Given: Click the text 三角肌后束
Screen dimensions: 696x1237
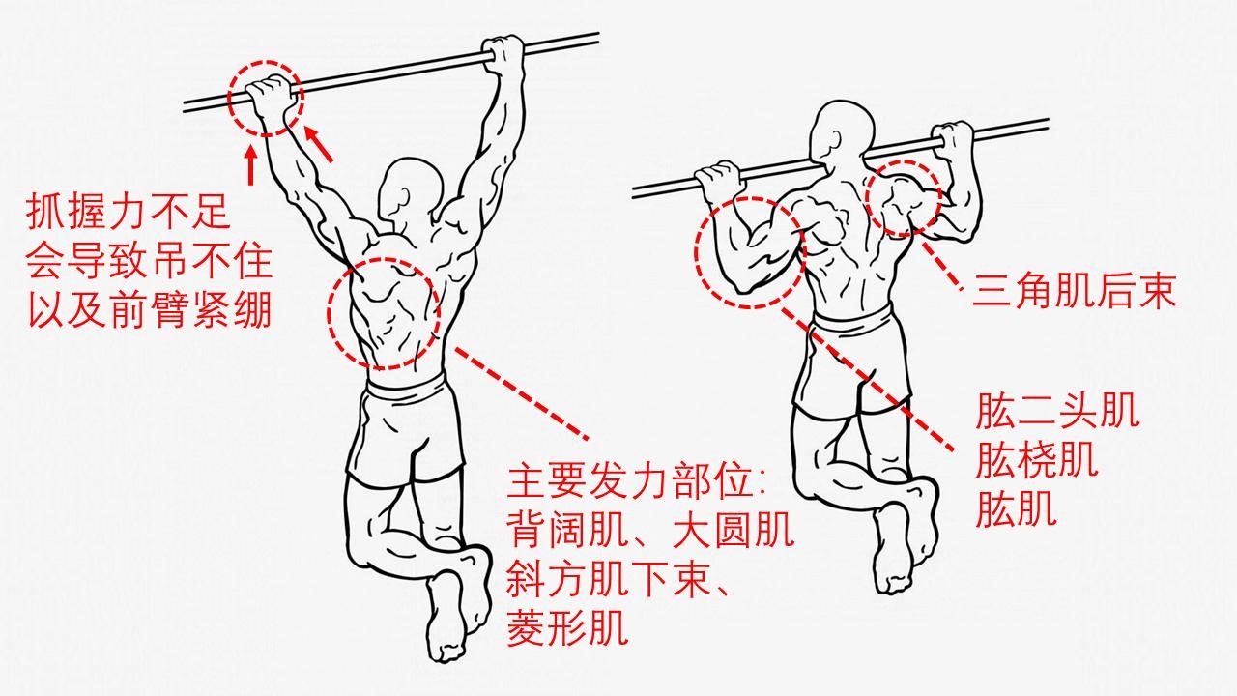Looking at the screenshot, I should [1074, 291].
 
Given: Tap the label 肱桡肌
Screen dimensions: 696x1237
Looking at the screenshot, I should [1037, 462].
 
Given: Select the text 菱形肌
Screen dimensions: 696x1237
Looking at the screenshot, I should [566, 629].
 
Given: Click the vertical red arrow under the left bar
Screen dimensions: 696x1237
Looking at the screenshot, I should [251, 164].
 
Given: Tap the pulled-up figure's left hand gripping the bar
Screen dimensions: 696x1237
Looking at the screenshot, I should [716, 179].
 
